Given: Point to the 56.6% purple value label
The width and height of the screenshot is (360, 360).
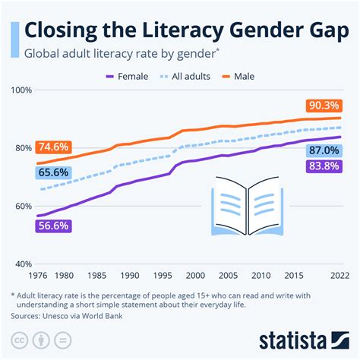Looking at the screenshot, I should [52, 226].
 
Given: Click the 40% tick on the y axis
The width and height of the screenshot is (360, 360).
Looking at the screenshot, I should [22, 264].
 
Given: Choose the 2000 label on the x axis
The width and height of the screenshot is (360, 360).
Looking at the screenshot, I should [195, 275].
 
